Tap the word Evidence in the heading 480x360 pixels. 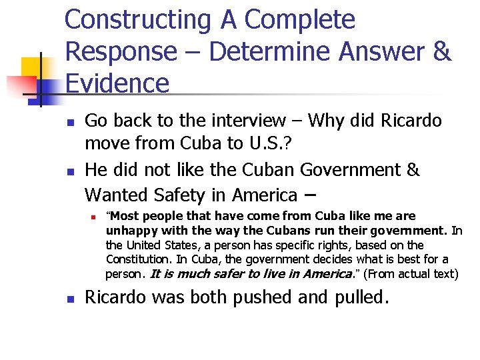(117, 84)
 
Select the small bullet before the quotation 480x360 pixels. (95, 217)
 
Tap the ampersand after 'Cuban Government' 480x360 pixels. (413, 170)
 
